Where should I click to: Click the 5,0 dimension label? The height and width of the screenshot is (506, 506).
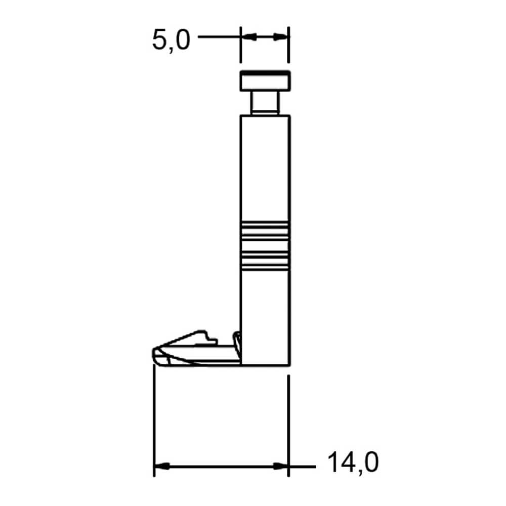pyautogui.click(x=171, y=40)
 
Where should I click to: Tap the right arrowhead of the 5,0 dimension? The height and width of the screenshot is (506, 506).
pyautogui.click(x=280, y=37)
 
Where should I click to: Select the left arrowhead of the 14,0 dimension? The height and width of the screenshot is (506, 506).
pyautogui.click(x=162, y=467)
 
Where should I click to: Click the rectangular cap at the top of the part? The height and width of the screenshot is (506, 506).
pyautogui.click(x=265, y=80)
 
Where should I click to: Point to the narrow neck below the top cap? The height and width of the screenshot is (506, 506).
pyautogui.click(x=265, y=103)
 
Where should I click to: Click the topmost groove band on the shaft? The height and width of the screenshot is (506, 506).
pyautogui.click(x=265, y=225)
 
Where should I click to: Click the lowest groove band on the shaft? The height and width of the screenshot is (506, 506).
pyautogui.click(x=265, y=266)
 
